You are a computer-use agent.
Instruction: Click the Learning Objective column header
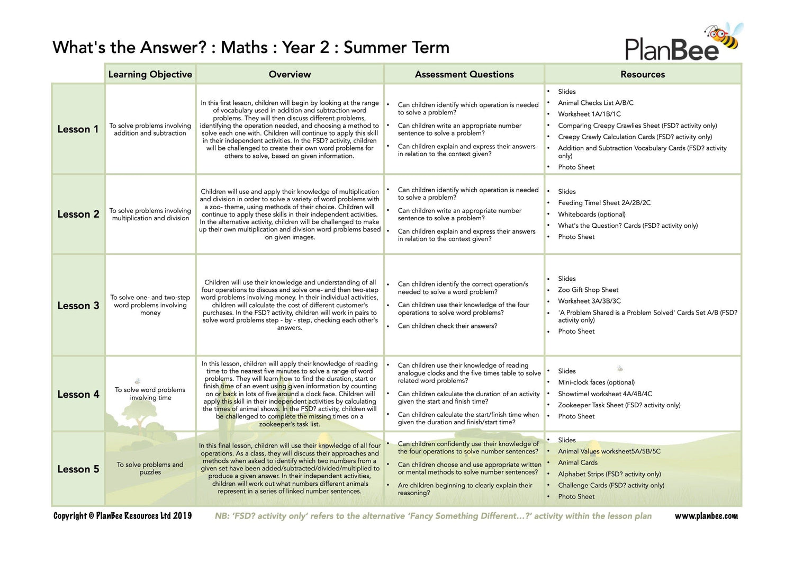[150, 74]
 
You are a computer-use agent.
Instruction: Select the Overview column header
[290, 74]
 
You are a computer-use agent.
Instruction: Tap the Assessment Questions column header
[464, 74]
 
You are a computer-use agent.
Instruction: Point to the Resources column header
[643, 74]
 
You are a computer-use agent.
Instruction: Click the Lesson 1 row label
[78, 129]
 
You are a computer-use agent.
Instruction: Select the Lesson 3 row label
[78, 306]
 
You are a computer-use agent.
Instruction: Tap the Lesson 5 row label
[78, 469]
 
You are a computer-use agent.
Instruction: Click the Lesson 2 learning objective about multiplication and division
[150, 215]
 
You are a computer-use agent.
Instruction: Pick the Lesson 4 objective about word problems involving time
[150, 394]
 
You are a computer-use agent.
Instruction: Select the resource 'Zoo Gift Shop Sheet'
[588, 290]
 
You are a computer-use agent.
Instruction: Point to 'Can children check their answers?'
[447, 326]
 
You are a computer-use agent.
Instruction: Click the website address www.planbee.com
[706, 516]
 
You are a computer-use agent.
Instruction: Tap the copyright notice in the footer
[122, 516]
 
